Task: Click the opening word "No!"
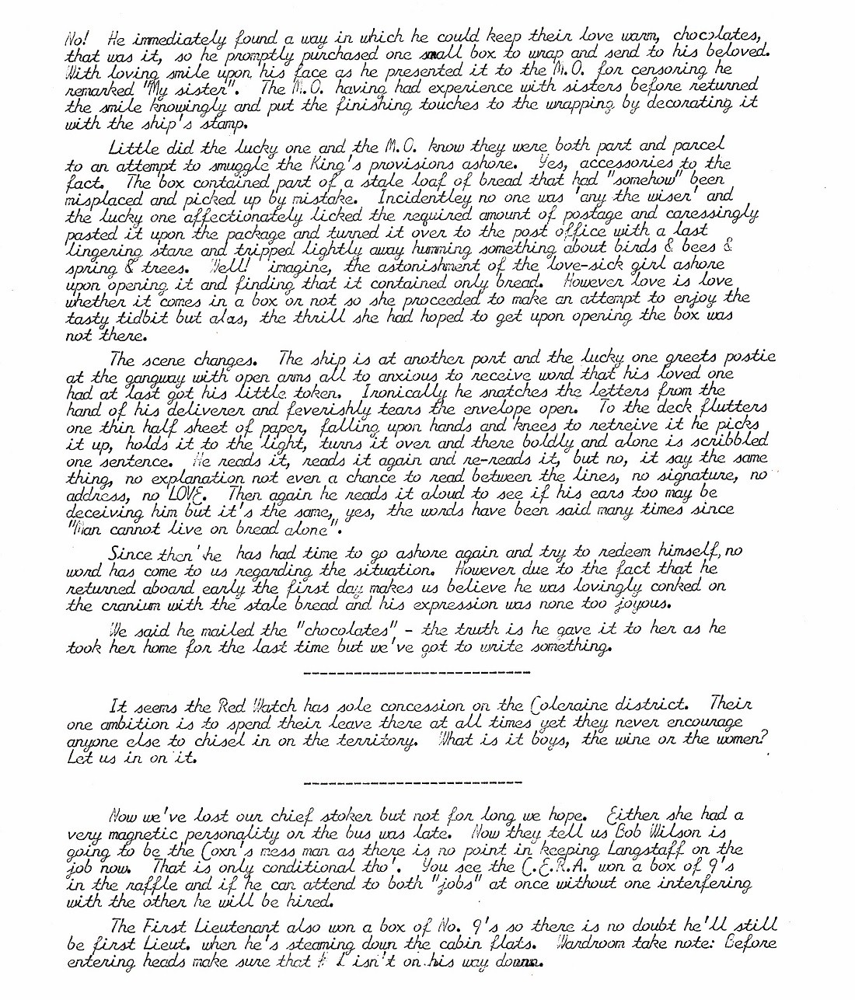75,38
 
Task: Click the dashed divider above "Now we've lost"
414,782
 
